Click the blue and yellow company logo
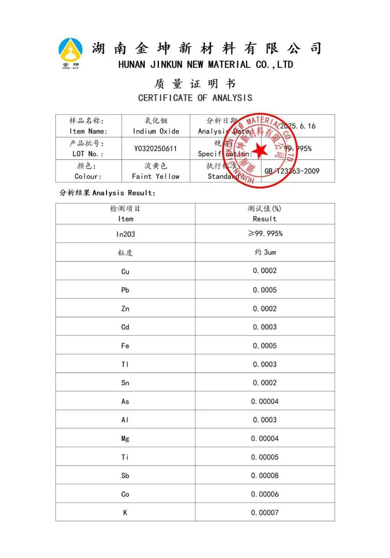[70, 52]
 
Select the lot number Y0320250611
[155, 149]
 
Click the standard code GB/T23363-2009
[292, 171]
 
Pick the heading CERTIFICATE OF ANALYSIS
[195, 98]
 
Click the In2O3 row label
[125, 234]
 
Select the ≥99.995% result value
[265, 234]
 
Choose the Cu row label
[125, 272]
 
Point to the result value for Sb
[265, 475]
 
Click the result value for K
[265, 513]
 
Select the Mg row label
[125, 439]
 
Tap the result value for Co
[265, 494]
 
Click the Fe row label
[125, 346]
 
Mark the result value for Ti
[265, 457]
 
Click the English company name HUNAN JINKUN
[205, 65]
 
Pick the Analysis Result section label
[107, 193]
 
